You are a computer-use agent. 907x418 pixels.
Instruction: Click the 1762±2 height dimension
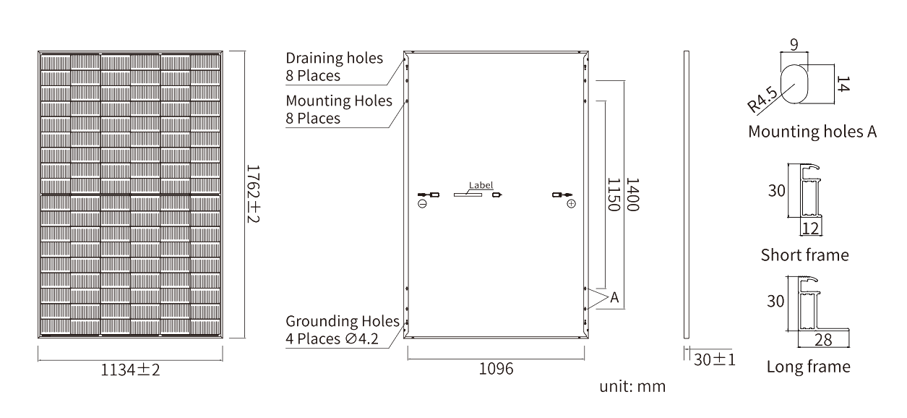click(x=253, y=194)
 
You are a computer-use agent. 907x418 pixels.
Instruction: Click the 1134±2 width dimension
click(x=130, y=370)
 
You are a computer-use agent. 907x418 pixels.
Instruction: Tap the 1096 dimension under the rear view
click(x=496, y=369)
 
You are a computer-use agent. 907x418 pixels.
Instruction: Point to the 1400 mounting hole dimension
click(x=632, y=195)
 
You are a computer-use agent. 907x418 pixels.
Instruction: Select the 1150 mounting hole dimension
click(x=614, y=195)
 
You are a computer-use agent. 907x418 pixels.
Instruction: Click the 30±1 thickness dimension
click(x=714, y=359)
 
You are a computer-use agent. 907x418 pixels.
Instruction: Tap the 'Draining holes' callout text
click(x=334, y=58)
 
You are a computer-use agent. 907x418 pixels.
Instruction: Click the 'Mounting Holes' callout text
click(x=339, y=101)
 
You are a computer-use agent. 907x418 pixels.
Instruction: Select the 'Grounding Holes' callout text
click(x=343, y=321)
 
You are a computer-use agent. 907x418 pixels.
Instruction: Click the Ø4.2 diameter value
click(x=362, y=338)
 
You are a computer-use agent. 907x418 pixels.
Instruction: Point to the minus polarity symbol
click(x=422, y=204)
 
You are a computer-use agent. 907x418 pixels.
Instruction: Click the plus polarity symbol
click(x=571, y=204)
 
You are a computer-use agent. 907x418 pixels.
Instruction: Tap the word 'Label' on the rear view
click(x=481, y=185)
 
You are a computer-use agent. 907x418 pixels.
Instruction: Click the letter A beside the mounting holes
click(x=614, y=297)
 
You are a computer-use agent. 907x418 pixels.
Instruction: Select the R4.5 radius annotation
click(x=762, y=100)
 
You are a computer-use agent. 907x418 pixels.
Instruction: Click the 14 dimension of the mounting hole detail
click(x=843, y=84)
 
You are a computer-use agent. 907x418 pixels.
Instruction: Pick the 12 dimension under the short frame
click(x=811, y=229)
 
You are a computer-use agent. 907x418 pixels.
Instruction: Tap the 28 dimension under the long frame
click(x=823, y=340)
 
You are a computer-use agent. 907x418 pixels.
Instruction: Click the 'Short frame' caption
click(x=804, y=255)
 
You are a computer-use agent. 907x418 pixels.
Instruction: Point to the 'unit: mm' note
click(x=632, y=386)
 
